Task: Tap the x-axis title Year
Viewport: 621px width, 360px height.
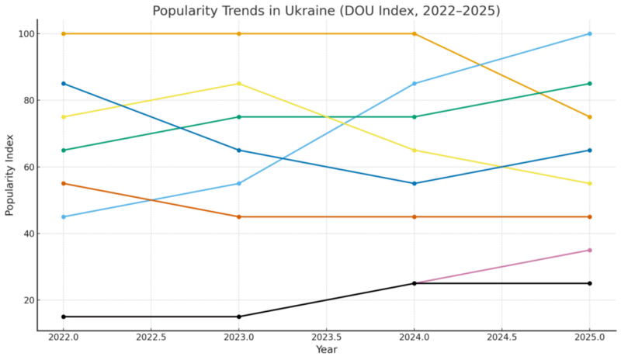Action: click(327, 350)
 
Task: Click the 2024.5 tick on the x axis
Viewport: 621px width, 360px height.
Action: click(502, 337)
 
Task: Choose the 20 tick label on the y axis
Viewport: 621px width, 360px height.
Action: click(27, 300)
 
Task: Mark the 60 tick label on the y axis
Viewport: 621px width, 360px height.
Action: click(27, 167)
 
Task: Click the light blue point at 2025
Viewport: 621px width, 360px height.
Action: click(590, 34)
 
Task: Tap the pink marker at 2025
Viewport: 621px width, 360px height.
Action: click(590, 250)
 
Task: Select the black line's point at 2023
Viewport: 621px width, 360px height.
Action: click(239, 317)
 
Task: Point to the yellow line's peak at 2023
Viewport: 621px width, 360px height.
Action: click(239, 84)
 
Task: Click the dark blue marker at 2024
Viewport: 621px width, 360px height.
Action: click(415, 183)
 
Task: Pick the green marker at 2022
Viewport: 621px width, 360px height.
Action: click(64, 150)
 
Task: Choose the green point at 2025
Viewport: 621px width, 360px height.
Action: click(590, 84)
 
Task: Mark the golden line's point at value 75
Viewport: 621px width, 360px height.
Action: click(590, 117)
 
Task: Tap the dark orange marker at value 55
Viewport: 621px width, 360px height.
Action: click(64, 183)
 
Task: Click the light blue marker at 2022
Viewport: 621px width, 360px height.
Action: click(64, 216)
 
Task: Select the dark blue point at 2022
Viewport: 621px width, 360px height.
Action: click(64, 84)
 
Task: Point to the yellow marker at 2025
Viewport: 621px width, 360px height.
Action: click(590, 183)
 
